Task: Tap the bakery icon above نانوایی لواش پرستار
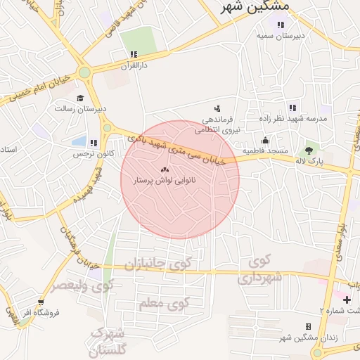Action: coord(166,170)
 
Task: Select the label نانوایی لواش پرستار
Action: coord(166,181)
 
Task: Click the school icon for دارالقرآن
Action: coord(134,54)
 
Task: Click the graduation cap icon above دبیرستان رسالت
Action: coord(80,98)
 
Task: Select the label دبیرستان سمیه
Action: coord(280,35)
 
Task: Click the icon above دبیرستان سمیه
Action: coord(280,25)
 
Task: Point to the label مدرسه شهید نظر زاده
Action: coord(301,119)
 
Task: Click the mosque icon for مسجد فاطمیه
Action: coord(264,139)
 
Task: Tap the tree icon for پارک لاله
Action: coord(309,150)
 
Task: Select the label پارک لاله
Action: coord(309,162)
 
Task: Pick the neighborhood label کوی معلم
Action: coord(164,304)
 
